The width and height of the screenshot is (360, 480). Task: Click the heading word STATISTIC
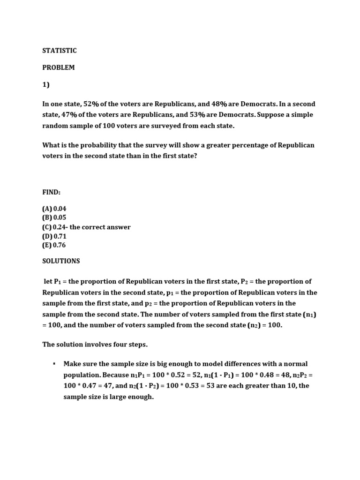click(x=60, y=51)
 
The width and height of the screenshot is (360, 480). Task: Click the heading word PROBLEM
click(x=59, y=67)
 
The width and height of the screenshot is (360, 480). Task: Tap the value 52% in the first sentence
click(x=92, y=104)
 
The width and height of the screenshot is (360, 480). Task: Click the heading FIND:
click(x=52, y=192)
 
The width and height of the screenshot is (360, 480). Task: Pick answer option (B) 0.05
click(x=54, y=217)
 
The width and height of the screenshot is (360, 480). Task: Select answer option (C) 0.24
click(x=54, y=227)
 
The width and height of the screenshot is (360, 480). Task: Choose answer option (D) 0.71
click(x=54, y=236)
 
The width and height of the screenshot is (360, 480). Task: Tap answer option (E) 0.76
click(x=54, y=245)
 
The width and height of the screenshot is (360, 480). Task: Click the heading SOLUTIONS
click(x=61, y=261)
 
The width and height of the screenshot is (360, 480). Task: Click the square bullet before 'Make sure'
click(x=54, y=364)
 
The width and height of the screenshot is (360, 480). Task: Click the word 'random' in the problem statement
click(x=55, y=126)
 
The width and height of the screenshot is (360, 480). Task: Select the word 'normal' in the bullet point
click(x=295, y=364)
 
